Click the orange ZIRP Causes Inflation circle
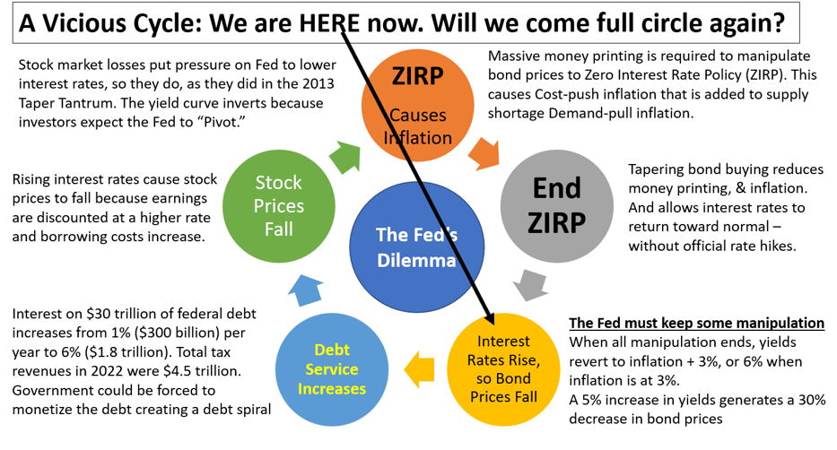[417, 105]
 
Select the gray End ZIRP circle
[557, 206]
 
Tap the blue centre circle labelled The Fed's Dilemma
[417, 247]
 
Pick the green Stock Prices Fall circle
[279, 206]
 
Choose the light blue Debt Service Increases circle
[332, 369]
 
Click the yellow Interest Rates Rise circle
[503, 369]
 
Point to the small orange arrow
[484, 153]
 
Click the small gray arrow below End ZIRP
[530, 285]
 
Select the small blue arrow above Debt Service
[305, 290]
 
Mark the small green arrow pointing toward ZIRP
[344, 157]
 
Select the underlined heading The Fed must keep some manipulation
[697, 323]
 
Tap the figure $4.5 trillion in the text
[199, 371]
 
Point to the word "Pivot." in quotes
[221, 122]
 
